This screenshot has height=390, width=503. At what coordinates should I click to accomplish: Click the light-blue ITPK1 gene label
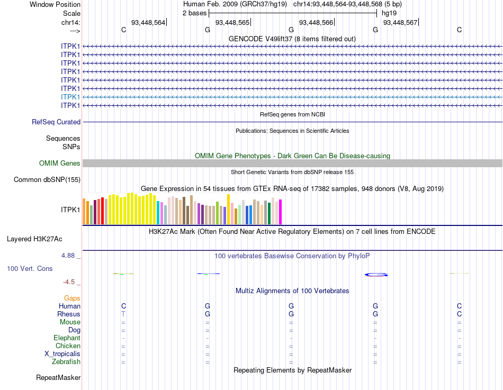(x=70, y=97)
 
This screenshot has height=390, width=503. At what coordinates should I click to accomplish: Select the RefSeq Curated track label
(x=56, y=122)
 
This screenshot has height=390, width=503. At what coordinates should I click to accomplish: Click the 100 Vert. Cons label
(x=30, y=269)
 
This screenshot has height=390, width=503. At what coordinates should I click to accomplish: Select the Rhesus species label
(x=69, y=314)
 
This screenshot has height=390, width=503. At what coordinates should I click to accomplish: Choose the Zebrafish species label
(x=66, y=362)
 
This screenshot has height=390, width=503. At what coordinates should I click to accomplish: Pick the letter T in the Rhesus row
(x=123, y=314)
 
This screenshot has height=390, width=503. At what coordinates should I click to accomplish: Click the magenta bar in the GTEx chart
(x=280, y=212)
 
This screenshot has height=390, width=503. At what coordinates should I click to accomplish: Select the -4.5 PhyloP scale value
(x=70, y=282)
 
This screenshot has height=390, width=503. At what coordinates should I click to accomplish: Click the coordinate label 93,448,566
(x=316, y=22)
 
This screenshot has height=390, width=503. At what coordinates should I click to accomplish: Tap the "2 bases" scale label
(x=195, y=13)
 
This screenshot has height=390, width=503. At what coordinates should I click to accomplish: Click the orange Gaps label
(x=72, y=298)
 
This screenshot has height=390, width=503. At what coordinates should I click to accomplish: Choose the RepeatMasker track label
(x=58, y=378)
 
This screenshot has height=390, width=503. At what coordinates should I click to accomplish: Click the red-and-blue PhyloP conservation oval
(x=376, y=274)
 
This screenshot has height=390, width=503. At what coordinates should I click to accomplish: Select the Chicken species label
(x=68, y=346)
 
